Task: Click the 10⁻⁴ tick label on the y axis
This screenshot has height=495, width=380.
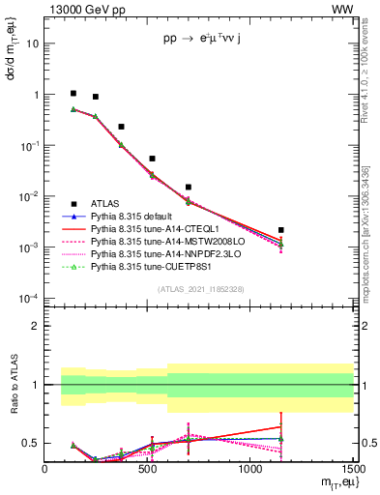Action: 29,299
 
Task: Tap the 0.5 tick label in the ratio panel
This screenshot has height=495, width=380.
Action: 31,443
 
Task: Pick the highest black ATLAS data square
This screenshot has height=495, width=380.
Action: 73,94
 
